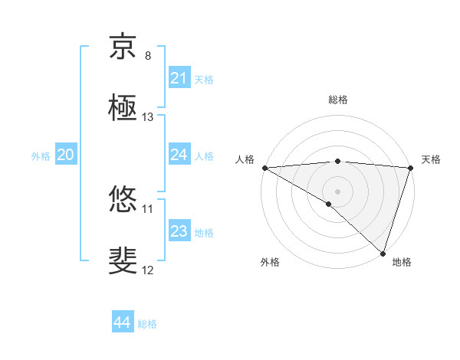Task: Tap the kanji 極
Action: click(123, 108)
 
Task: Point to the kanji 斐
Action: click(123, 261)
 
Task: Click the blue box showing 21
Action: click(179, 78)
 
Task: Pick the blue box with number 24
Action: click(179, 155)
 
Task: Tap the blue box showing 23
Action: click(179, 231)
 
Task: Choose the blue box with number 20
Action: click(65, 155)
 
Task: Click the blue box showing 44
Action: click(122, 322)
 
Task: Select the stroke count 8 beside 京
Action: click(148, 56)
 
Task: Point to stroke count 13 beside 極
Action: click(148, 117)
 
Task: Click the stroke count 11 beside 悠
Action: click(148, 208)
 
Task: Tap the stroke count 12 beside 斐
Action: click(148, 270)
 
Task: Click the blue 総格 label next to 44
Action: click(147, 324)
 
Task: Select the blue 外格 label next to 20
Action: click(41, 156)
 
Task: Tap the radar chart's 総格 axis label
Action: click(337, 100)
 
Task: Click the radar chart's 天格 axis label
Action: click(431, 159)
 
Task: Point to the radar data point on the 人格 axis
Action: click(264, 167)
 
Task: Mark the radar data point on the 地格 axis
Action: click(382, 253)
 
